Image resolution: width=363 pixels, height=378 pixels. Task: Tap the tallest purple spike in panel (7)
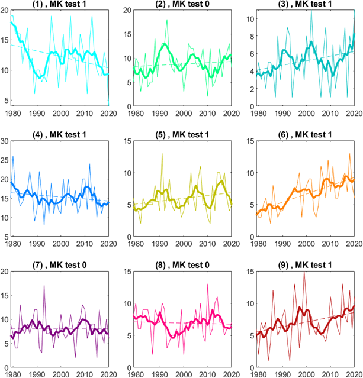(44, 287)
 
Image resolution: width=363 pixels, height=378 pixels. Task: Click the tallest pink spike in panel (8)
(208, 285)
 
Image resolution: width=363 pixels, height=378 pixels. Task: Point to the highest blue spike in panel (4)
(13, 156)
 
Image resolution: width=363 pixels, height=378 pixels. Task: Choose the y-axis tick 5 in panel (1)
(7, 100)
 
